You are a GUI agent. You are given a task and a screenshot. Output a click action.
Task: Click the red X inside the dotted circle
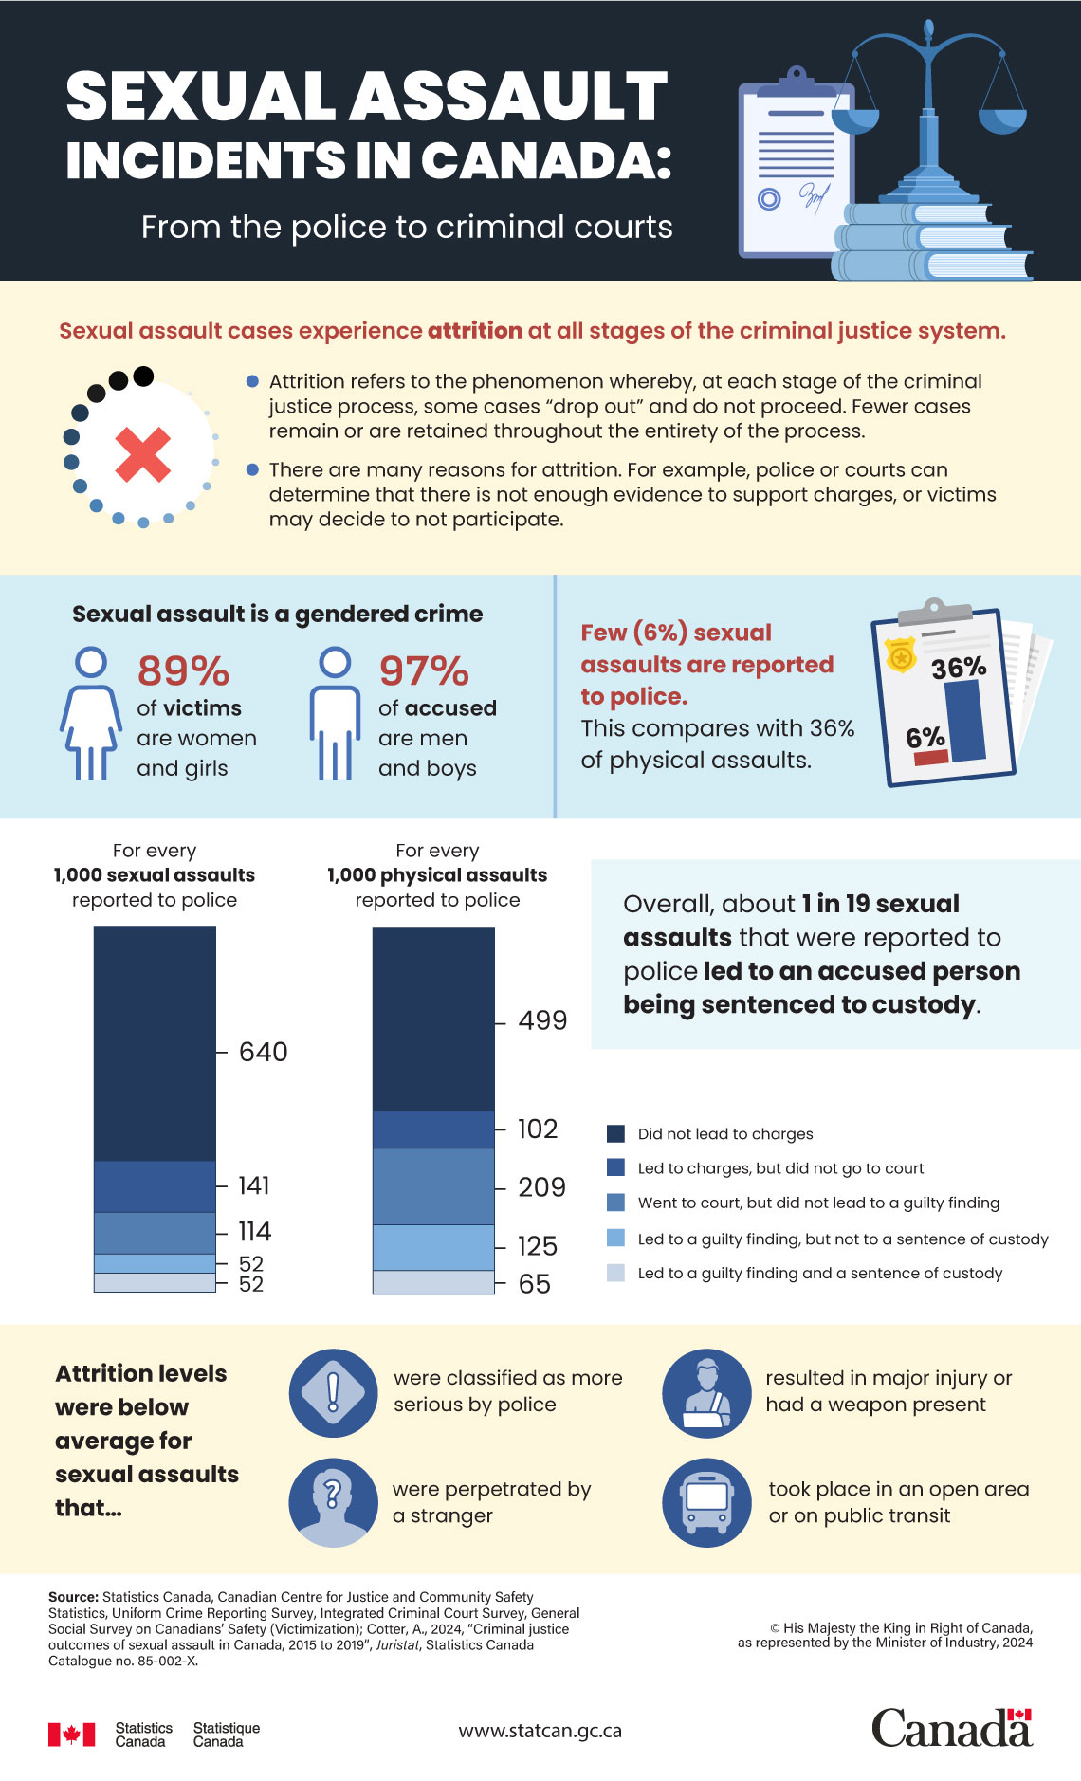click(142, 454)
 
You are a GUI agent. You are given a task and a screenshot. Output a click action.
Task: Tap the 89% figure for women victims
click(183, 671)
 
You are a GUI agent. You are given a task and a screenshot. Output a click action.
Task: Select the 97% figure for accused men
click(424, 671)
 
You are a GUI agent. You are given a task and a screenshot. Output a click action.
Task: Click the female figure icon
click(91, 713)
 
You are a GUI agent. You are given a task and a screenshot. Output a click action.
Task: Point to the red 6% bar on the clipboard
click(930, 757)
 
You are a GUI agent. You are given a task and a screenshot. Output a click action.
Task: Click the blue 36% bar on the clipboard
click(964, 721)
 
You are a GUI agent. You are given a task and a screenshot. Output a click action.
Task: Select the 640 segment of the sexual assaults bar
click(155, 1043)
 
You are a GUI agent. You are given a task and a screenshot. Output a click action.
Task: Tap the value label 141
click(253, 1185)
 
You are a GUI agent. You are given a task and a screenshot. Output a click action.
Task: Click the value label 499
click(542, 1020)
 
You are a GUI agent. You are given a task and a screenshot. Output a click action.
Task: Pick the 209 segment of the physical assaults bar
click(433, 1186)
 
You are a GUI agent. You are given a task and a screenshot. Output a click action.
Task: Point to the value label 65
click(534, 1284)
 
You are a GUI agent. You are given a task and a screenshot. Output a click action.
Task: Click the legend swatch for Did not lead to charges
click(615, 1133)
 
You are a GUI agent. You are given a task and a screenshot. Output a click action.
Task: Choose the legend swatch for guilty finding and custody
click(615, 1273)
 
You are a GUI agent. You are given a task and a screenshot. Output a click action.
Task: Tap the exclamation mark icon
click(333, 1392)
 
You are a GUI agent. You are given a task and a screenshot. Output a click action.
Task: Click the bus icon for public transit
click(706, 1502)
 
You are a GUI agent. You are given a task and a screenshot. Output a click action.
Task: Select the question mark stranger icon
click(333, 1502)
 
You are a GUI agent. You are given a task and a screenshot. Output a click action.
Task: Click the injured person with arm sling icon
click(706, 1392)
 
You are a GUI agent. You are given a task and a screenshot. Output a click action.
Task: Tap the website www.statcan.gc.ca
click(540, 1731)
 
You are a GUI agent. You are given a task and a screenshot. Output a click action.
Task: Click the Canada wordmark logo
click(951, 1728)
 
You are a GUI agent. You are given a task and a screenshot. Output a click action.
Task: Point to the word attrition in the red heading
click(475, 331)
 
